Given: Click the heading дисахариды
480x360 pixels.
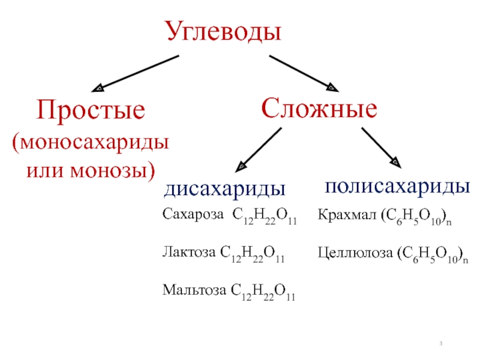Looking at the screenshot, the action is pyautogui.click(x=225, y=190).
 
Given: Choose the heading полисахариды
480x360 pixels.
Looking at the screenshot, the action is pyautogui.click(x=397, y=185).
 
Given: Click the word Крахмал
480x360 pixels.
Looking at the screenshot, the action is pyautogui.click(x=346, y=215).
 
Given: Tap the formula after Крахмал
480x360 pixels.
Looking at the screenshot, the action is pyautogui.click(x=415, y=216).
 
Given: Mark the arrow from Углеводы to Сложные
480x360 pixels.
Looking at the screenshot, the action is pyautogui.click(x=304, y=73).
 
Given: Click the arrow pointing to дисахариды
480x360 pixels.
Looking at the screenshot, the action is pyautogui.click(x=259, y=149).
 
